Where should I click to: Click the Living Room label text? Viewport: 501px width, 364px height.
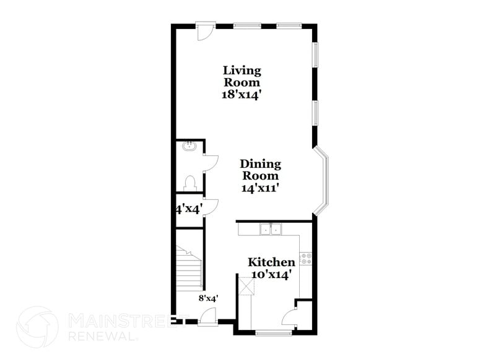pyautogui.click(x=242, y=76)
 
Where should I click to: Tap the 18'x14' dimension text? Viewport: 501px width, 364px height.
pyautogui.click(x=242, y=95)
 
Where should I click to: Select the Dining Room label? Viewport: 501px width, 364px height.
pyautogui.click(x=260, y=170)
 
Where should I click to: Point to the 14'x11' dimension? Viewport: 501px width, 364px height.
pyautogui.click(x=260, y=188)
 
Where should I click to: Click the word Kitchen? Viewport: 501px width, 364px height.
pyautogui.click(x=271, y=262)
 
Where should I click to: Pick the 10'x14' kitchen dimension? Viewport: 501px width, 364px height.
pyautogui.click(x=271, y=274)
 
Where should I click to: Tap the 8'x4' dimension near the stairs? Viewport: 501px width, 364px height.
pyautogui.click(x=208, y=298)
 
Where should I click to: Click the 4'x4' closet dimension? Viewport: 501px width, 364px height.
pyautogui.click(x=188, y=209)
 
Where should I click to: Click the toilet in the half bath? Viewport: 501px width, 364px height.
pyautogui.click(x=190, y=183)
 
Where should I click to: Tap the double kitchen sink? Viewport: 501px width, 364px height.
pyautogui.click(x=270, y=230)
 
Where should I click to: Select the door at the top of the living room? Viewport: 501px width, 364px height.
pyautogui.click(x=205, y=31)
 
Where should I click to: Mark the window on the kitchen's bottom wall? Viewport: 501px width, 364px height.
pyautogui.click(x=273, y=333)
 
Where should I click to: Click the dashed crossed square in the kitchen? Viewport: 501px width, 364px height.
pyautogui.click(x=247, y=285)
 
